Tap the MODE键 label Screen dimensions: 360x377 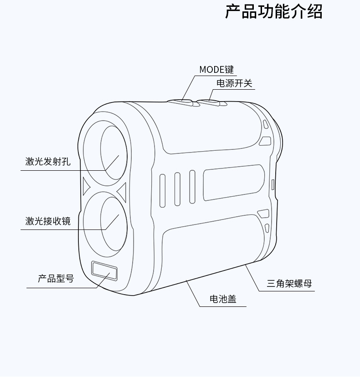point(216,70)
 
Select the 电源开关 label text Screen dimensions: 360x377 point(234,83)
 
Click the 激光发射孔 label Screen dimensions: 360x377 point(48,161)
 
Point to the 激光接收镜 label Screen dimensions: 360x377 point(48,221)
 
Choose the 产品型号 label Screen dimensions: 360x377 point(56,279)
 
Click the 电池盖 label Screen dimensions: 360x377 point(223,299)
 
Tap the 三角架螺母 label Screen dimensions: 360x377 point(289,284)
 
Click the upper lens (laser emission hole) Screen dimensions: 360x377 point(113,148)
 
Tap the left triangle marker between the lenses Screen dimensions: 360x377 point(87,186)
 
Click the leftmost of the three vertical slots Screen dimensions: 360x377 point(163,190)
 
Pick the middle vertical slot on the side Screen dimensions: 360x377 point(177,188)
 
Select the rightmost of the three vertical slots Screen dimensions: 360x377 point(192,187)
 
